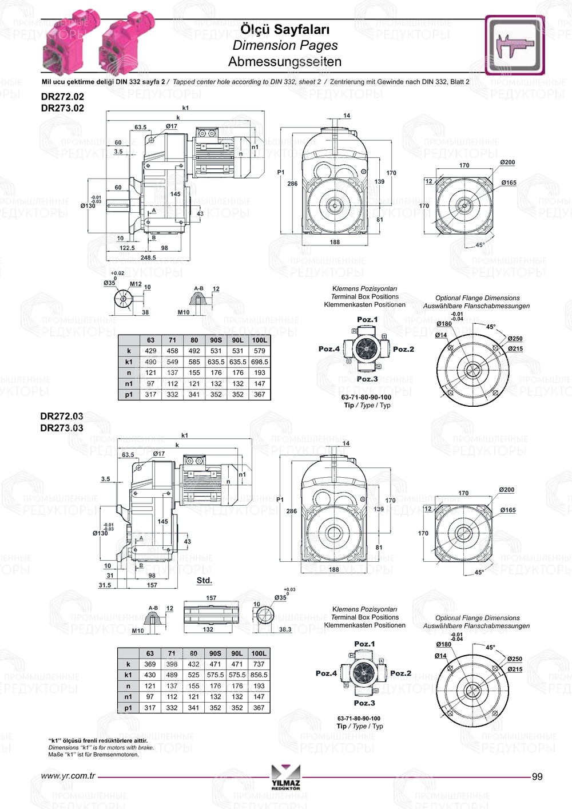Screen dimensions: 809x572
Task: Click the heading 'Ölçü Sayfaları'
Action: tap(285, 29)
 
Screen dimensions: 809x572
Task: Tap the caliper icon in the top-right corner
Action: tap(515, 45)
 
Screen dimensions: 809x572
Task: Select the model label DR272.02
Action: tap(62, 97)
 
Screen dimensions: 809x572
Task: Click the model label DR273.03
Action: tap(62, 428)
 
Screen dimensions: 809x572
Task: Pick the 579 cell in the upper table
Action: tap(260, 351)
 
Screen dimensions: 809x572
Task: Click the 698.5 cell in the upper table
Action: tap(260, 362)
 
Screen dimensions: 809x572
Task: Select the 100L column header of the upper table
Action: tap(260, 340)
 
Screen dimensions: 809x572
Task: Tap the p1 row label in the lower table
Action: tap(128, 708)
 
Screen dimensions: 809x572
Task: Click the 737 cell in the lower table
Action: tap(259, 664)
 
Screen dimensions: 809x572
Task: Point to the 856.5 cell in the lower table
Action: tap(259, 675)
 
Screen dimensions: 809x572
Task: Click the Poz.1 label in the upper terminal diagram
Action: tap(367, 320)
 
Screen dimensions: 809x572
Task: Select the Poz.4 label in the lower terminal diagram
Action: tap(327, 673)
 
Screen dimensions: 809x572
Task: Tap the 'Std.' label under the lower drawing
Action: tap(204, 580)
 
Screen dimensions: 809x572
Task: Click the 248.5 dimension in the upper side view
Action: tap(148, 257)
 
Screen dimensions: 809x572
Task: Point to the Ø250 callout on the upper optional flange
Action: tap(515, 339)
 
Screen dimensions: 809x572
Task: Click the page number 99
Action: tap(537, 776)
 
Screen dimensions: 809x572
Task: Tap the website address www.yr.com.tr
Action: tap(68, 776)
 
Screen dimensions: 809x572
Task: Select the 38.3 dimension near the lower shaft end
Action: tap(285, 629)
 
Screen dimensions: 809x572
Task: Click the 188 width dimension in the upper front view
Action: tap(335, 242)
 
